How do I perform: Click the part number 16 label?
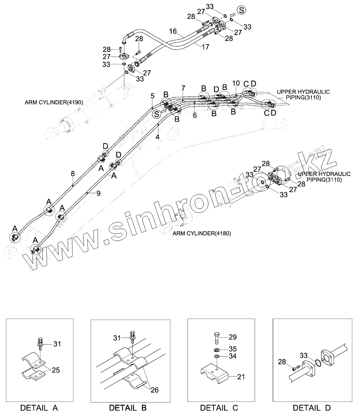point(173,32)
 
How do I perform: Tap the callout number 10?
point(236,83)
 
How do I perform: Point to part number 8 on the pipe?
point(73,173)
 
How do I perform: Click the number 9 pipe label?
point(98,193)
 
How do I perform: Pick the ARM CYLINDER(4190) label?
point(53,103)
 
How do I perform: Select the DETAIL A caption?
point(39,408)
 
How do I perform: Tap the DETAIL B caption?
point(127,408)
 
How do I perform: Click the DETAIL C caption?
point(219,408)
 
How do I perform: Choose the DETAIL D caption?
point(312,408)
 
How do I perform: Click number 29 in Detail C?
point(233,337)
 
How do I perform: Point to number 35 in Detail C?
point(233,349)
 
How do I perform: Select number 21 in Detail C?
point(241,377)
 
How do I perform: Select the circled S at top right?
point(241,10)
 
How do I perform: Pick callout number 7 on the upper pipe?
point(183,87)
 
